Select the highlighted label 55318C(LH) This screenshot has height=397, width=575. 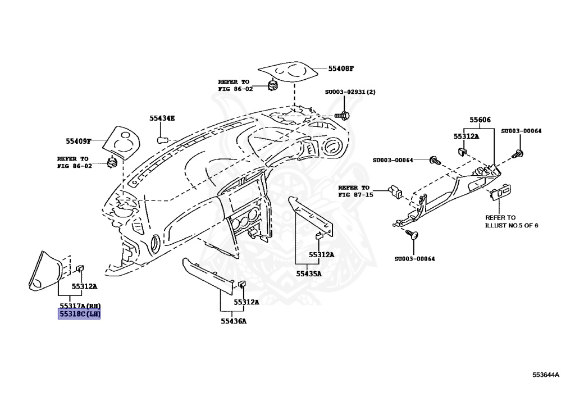tap(79, 314)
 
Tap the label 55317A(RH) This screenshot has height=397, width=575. tap(79, 305)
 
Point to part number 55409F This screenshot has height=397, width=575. tap(78, 141)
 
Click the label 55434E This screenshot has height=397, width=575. tap(162, 118)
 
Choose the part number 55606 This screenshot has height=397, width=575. tap(480, 120)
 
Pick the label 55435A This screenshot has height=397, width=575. tap(309, 273)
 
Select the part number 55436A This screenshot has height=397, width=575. tap(233, 321)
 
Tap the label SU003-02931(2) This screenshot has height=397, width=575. tap(350, 92)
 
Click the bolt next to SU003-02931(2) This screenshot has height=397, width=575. tap(344, 115)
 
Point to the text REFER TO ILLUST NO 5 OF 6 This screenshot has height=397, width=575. tap(512, 221)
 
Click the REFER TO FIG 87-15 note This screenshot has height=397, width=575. tap(355, 191)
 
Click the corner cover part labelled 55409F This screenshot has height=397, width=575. tap(125, 141)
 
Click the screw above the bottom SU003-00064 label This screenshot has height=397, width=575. tap(414, 236)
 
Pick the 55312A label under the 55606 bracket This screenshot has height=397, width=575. tap(466, 136)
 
